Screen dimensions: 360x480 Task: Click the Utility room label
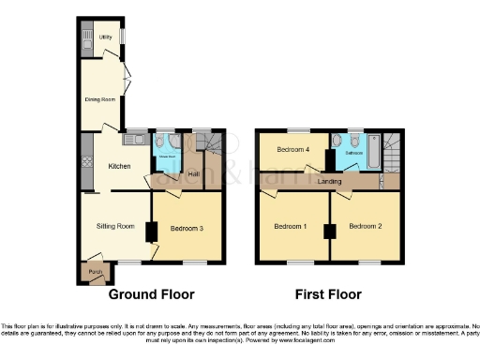pyautogui.click(x=106, y=37)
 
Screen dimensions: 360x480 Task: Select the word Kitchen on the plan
pyautogui.click(x=120, y=166)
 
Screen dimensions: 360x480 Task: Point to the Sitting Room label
pyautogui.click(x=114, y=226)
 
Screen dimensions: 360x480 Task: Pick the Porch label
pyautogui.click(x=95, y=273)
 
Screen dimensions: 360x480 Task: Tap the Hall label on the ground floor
pyautogui.click(x=194, y=173)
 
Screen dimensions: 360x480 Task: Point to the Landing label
pyautogui.click(x=329, y=181)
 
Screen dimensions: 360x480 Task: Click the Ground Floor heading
pyautogui.click(x=152, y=294)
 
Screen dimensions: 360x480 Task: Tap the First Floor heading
pyautogui.click(x=328, y=294)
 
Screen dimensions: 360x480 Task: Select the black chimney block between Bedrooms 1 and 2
pyautogui.click(x=328, y=232)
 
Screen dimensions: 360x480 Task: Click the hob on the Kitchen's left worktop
pyautogui.click(x=86, y=160)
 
